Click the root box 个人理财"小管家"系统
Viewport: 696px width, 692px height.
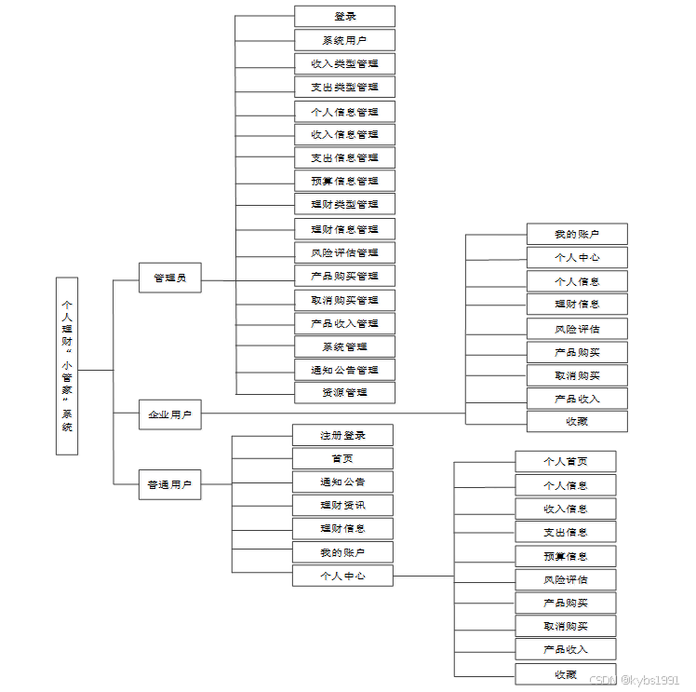pos(66,365)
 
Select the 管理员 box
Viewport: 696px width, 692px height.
pos(170,278)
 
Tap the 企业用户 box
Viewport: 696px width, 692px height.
pos(170,414)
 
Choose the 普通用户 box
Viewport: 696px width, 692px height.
pos(170,484)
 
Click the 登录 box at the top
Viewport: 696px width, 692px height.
pos(344,16)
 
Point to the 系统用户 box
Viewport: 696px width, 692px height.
pos(344,40)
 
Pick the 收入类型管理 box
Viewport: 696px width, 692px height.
pos(344,63)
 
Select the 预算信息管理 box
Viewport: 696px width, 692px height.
pos(344,181)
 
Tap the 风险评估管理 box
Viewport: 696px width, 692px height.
pos(344,252)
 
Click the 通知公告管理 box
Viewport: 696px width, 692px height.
pos(344,370)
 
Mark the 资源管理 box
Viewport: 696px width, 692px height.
pos(344,392)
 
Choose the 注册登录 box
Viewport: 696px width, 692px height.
pos(342,435)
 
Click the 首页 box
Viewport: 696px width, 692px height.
pos(342,458)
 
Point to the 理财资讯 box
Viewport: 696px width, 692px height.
pos(342,506)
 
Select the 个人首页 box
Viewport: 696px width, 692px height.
pos(566,461)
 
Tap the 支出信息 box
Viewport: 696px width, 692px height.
pos(566,532)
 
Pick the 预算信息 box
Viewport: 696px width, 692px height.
pos(566,556)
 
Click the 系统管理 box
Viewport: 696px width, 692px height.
pos(344,346)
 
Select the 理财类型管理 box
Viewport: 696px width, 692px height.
pos(344,204)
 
